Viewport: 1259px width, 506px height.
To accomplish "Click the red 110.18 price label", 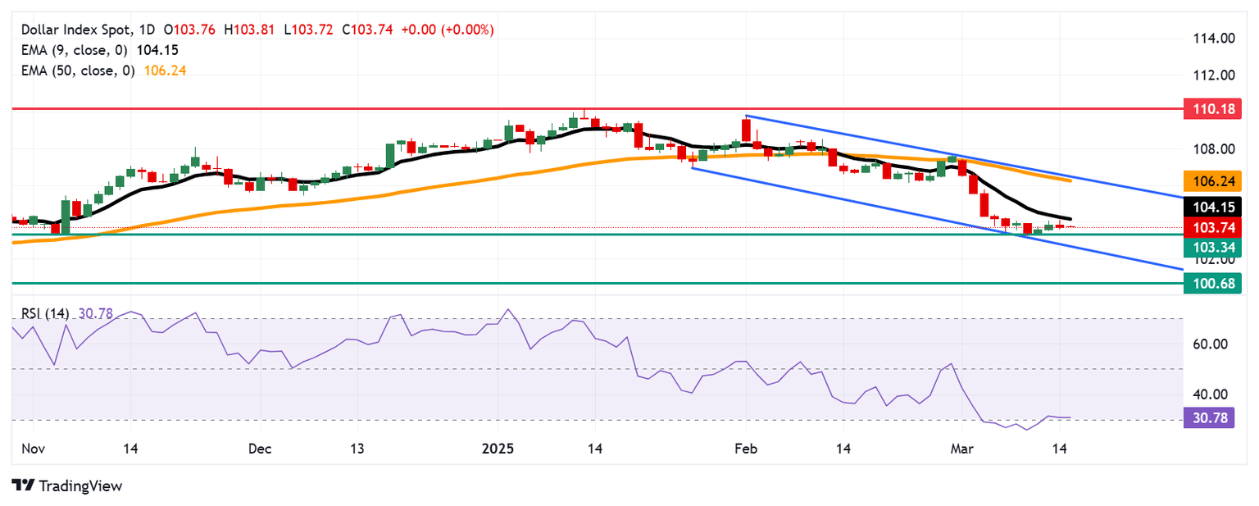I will pyautogui.click(x=1212, y=107).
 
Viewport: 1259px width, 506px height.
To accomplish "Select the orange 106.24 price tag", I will pyautogui.click(x=1212, y=180).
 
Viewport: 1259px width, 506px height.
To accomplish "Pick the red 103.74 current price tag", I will pyautogui.click(x=1212, y=227).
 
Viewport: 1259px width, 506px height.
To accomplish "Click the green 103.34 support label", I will pyautogui.click(x=1212, y=246).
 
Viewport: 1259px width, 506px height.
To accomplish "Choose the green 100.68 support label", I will pyautogui.click(x=1212, y=283).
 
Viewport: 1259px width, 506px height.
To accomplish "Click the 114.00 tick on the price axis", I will pyautogui.click(x=1212, y=39).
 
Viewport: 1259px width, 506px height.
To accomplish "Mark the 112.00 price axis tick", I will pyautogui.click(x=1212, y=75).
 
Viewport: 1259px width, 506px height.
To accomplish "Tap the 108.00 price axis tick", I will pyautogui.click(x=1212, y=149).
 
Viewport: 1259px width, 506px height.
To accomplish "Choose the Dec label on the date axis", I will pyautogui.click(x=259, y=449).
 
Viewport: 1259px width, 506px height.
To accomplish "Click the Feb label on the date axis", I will pyautogui.click(x=745, y=449).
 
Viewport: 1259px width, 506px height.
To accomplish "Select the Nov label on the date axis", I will pyautogui.click(x=32, y=449).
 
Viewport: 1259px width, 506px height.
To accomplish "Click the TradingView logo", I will pyautogui.click(x=67, y=485).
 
